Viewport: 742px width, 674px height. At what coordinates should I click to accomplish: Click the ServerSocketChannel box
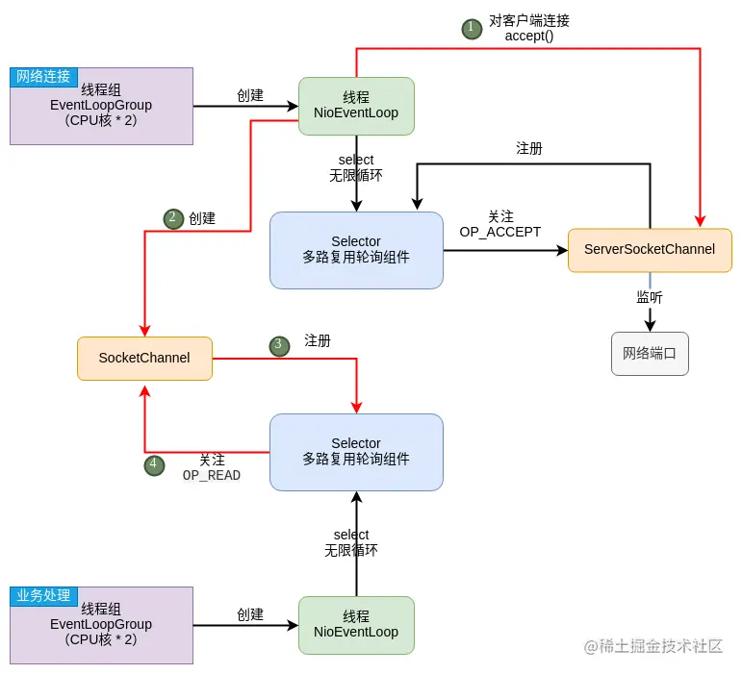click(x=650, y=250)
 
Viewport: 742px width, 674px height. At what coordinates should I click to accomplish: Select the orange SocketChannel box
click(x=144, y=358)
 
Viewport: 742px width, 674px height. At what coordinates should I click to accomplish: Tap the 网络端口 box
click(x=650, y=353)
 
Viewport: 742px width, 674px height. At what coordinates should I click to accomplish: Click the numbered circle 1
click(x=471, y=28)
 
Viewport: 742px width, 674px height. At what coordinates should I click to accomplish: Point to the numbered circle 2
click(x=173, y=218)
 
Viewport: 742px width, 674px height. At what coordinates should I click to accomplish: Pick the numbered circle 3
click(x=279, y=345)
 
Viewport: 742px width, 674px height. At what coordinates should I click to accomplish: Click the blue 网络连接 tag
click(x=43, y=77)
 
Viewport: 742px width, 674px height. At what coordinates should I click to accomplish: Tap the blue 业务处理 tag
click(x=43, y=596)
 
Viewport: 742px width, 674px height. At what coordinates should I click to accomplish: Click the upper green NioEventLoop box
click(x=356, y=106)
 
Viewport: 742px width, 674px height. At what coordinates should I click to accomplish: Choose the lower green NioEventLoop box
click(x=356, y=625)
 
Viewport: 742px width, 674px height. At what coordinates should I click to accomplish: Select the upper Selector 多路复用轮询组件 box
click(x=356, y=250)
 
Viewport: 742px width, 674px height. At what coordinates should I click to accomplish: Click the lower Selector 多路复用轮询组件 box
click(x=356, y=452)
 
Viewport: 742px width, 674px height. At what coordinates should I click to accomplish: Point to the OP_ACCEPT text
click(x=500, y=233)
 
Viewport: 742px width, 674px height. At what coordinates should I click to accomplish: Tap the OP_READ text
click(x=212, y=476)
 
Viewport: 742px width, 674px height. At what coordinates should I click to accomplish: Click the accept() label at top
click(x=529, y=37)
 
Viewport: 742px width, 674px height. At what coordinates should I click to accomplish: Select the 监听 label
click(x=650, y=297)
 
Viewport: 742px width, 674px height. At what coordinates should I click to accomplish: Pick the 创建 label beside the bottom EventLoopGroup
click(x=250, y=614)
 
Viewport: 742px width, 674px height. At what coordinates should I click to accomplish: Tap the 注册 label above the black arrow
click(x=529, y=148)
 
